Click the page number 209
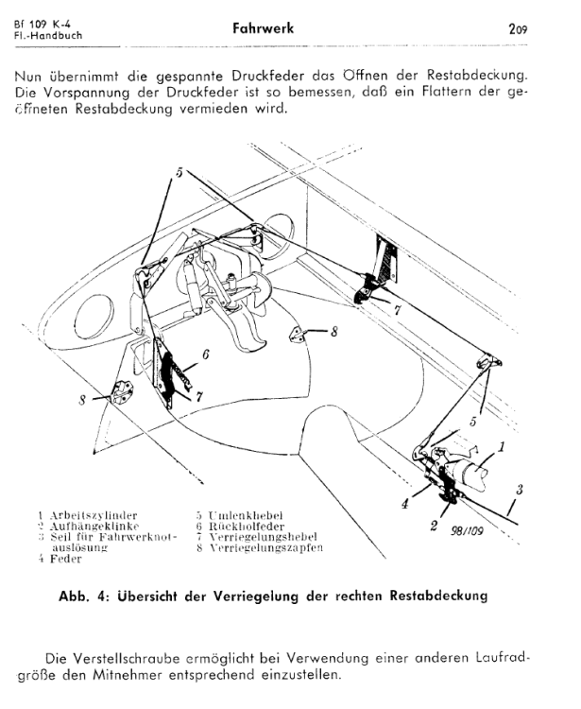pyautogui.click(x=517, y=29)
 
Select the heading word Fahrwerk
pyautogui.click(x=263, y=28)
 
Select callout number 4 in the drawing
pyautogui.click(x=405, y=504)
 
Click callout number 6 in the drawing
pyautogui.click(x=205, y=355)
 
